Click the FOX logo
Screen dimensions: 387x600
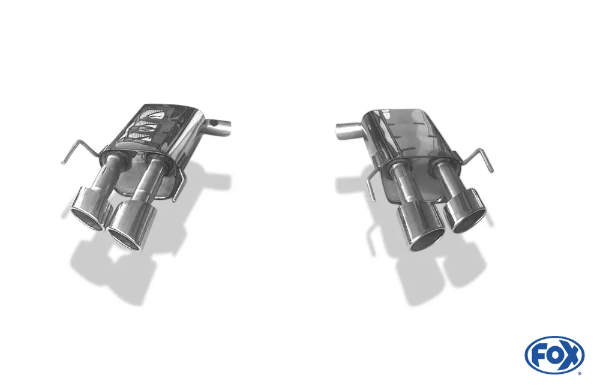pos(554,355)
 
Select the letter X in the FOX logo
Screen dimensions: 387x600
pos(571,355)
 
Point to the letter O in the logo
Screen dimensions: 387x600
pos(554,355)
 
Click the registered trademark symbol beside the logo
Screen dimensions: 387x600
pos(579,373)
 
